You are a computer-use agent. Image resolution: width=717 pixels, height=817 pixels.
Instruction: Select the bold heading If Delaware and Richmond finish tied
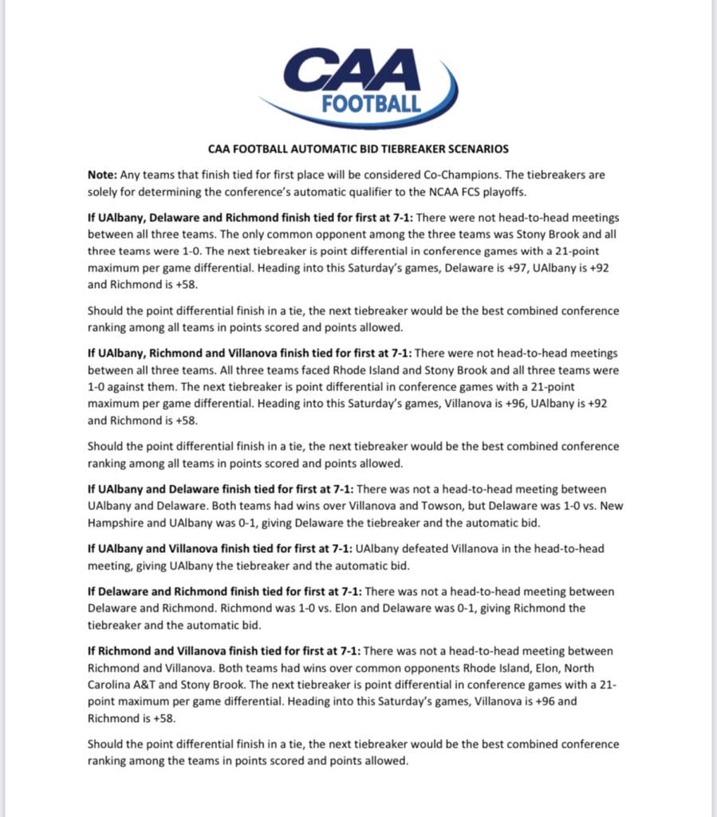point(224,591)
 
